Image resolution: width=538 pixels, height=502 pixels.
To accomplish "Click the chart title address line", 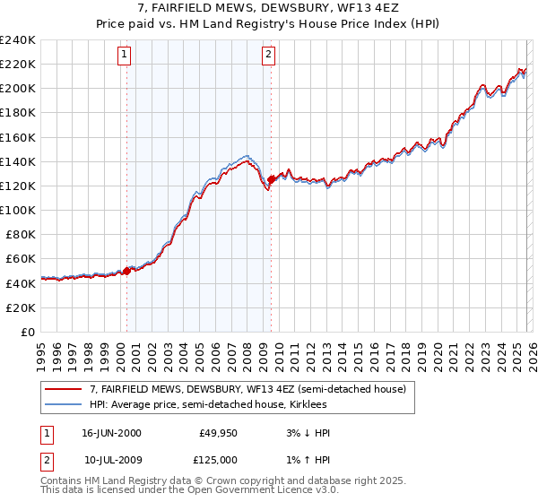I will (268, 8).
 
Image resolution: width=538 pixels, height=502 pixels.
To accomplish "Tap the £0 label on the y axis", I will (27, 332).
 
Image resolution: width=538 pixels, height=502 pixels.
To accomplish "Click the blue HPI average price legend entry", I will (214, 405).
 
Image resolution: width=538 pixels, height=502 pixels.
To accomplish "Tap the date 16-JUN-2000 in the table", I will (111, 433).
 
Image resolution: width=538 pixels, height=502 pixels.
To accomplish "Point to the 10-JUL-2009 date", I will (111, 458).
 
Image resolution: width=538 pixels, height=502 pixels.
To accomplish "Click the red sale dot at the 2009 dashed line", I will (271, 180).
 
